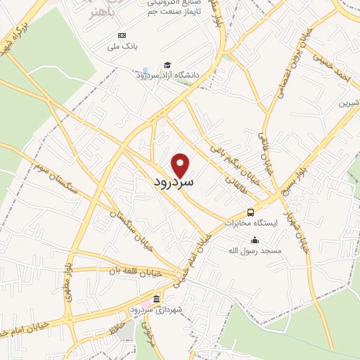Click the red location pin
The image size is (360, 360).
[x=181, y=165]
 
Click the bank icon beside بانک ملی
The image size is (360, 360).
[x=122, y=35]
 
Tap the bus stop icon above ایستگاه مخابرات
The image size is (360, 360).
[x=250, y=212]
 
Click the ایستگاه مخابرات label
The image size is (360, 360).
[x=251, y=223]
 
